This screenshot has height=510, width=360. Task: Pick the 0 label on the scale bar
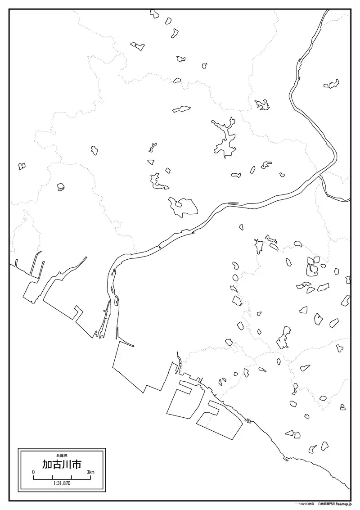point(33,472)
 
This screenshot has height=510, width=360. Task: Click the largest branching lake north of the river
point(225,137)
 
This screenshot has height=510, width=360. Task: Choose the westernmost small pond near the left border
point(22,166)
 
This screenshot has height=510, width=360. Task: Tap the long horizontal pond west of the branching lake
point(182,108)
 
